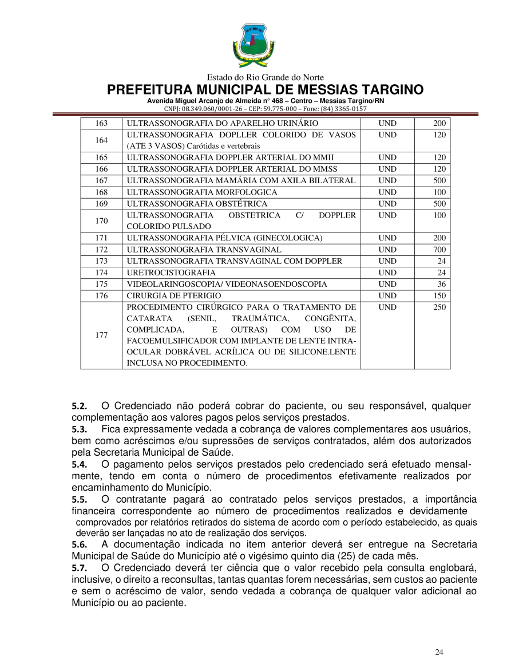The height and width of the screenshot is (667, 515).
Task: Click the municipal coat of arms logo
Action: (252, 45)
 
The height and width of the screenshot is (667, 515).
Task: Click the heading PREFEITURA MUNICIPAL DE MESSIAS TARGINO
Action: (266, 90)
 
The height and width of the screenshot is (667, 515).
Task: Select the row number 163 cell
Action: (101, 123)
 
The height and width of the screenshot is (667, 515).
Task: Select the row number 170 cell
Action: (101, 220)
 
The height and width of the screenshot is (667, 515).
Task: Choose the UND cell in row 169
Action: (387, 203)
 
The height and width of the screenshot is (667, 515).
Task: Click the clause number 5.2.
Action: (79, 406)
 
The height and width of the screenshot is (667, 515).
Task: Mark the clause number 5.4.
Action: (79, 464)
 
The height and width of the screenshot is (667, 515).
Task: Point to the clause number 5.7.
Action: (79, 568)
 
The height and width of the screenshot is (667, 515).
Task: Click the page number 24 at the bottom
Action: (439, 652)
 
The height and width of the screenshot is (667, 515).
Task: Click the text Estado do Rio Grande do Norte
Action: (265, 77)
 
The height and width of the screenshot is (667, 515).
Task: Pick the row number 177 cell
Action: (101, 336)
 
